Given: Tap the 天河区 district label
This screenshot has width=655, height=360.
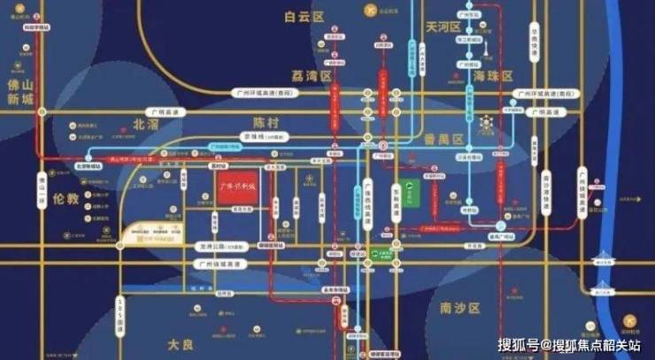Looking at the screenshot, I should pos(443,27).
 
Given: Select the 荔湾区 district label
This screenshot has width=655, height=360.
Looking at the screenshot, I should pos(312,77).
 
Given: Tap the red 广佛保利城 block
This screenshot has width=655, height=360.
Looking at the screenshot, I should pos(236,188).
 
